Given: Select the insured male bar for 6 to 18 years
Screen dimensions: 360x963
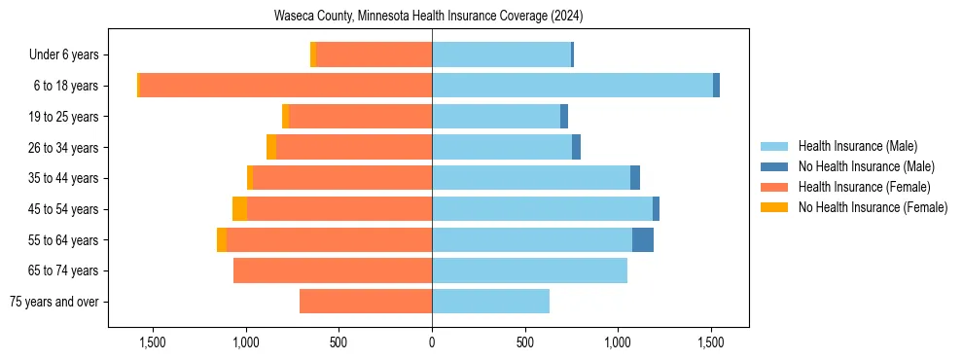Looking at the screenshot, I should (572, 86).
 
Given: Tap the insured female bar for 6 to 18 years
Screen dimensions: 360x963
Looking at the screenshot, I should (286, 86).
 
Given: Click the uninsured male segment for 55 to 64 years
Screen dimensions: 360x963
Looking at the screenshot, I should (643, 239).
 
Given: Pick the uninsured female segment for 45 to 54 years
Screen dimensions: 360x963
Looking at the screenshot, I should (239, 209).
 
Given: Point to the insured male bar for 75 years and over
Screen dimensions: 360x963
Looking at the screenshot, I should (490, 302).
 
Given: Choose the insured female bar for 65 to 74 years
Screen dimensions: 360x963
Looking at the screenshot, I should (333, 270).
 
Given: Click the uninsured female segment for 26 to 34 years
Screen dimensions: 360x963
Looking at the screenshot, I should (271, 147).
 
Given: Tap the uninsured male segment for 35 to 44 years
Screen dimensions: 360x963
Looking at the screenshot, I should (635, 178).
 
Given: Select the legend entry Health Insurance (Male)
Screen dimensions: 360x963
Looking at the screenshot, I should (857, 146).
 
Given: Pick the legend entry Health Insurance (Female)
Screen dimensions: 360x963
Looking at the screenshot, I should (864, 187).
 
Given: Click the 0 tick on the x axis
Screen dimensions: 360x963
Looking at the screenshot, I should (432, 342).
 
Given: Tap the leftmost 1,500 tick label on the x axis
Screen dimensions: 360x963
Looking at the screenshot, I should (152, 342).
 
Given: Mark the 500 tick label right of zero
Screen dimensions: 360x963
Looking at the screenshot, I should (525, 342).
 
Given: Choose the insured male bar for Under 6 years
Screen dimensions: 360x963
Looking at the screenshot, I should (501, 54).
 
